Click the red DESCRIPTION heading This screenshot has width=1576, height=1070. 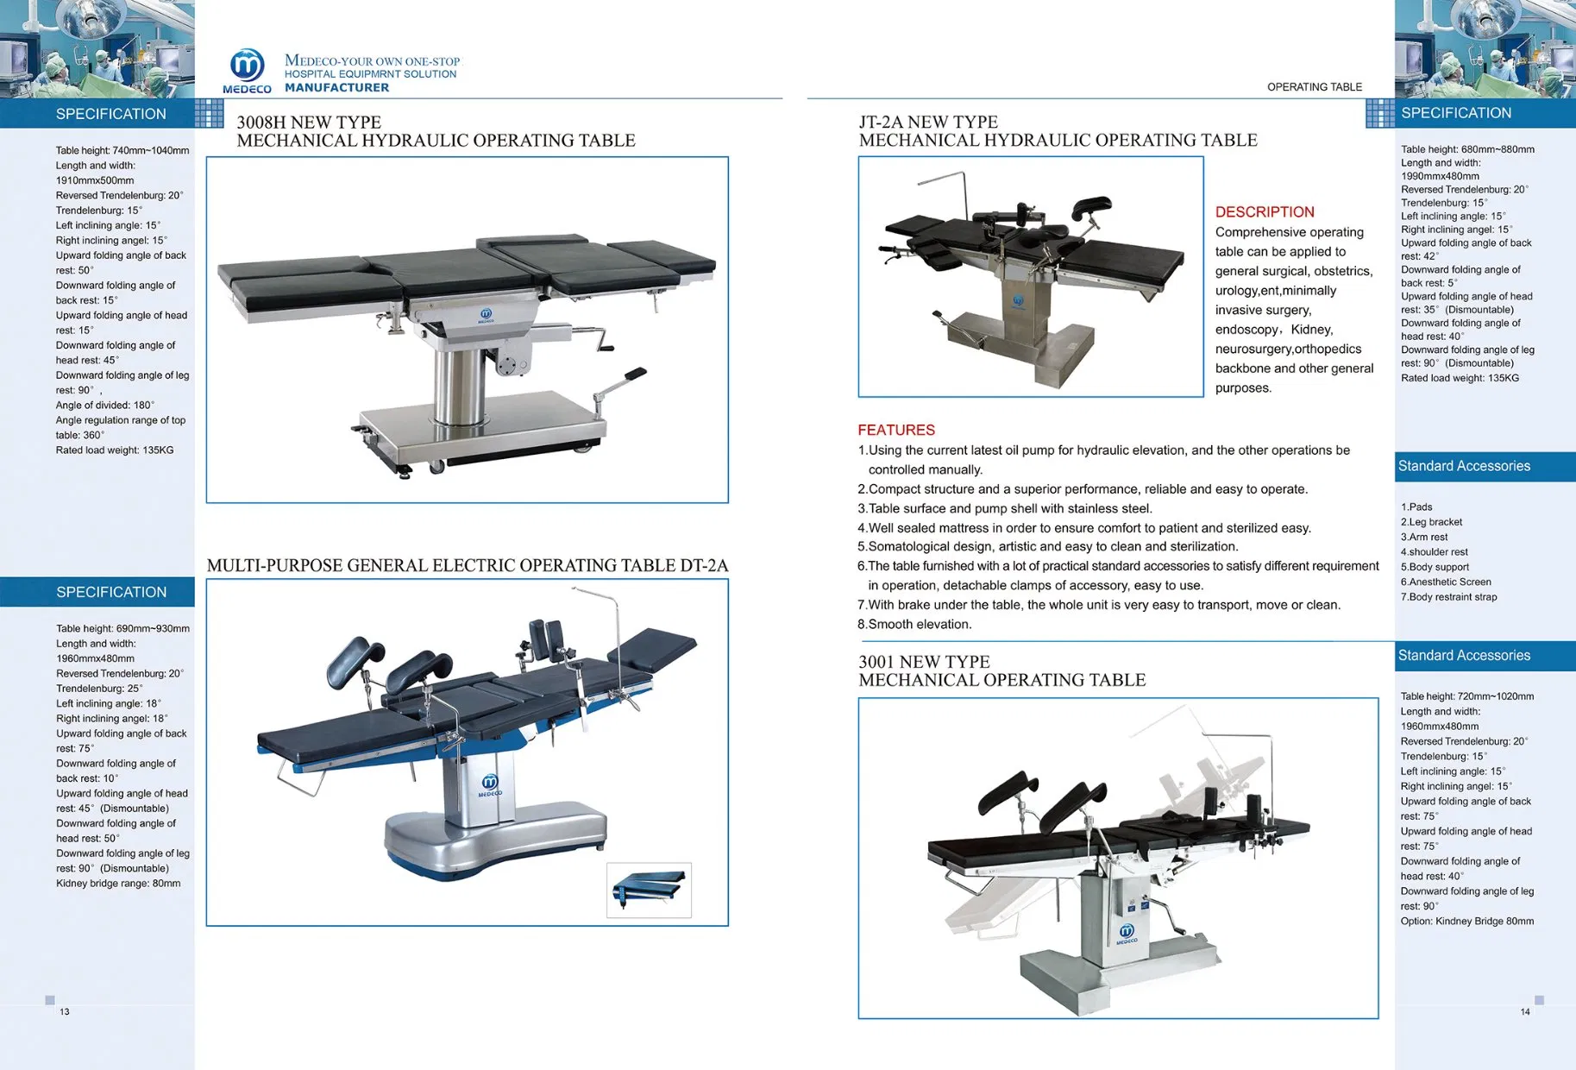click(x=1265, y=212)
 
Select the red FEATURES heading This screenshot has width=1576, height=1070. click(x=896, y=430)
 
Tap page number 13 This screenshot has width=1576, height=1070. click(x=65, y=1011)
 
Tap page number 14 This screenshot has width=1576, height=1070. click(x=1525, y=1011)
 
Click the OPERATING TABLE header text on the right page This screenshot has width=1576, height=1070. click(x=1314, y=87)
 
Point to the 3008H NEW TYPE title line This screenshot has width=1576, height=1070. click(x=309, y=123)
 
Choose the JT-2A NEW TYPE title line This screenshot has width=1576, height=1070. click(x=928, y=123)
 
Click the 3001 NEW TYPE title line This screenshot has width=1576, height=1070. click(x=924, y=662)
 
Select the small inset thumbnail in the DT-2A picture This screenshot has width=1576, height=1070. click(x=649, y=890)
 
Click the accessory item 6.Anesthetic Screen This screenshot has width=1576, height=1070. click(x=1446, y=582)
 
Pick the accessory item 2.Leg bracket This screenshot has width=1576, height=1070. click(x=1431, y=522)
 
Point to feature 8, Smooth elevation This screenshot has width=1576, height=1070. click(x=914, y=625)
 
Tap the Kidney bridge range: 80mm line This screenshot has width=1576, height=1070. click(x=118, y=884)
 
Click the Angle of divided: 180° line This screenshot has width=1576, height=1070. click(x=105, y=406)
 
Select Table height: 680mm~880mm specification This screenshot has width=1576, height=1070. click(x=1467, y=149)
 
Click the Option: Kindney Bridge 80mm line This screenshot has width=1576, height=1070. click(x=1466, y=922)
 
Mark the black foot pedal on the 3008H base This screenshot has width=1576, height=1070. click(x=635, y=374)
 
